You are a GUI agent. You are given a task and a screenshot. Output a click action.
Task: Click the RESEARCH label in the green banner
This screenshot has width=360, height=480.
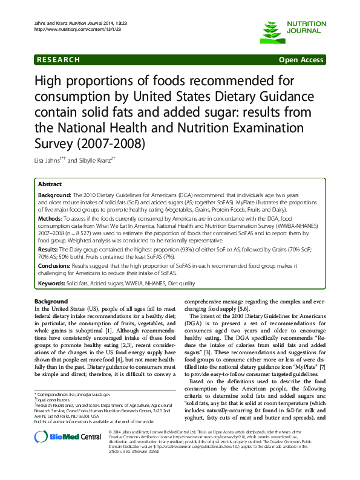(x=58, y=60)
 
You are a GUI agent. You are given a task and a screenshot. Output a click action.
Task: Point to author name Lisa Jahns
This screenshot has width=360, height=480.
(x=49, y=160)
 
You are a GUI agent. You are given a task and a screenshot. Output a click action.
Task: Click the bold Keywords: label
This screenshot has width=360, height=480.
(x=52, y=282)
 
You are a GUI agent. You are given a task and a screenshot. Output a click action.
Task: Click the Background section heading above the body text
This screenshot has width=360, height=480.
(x=51, y=301)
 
